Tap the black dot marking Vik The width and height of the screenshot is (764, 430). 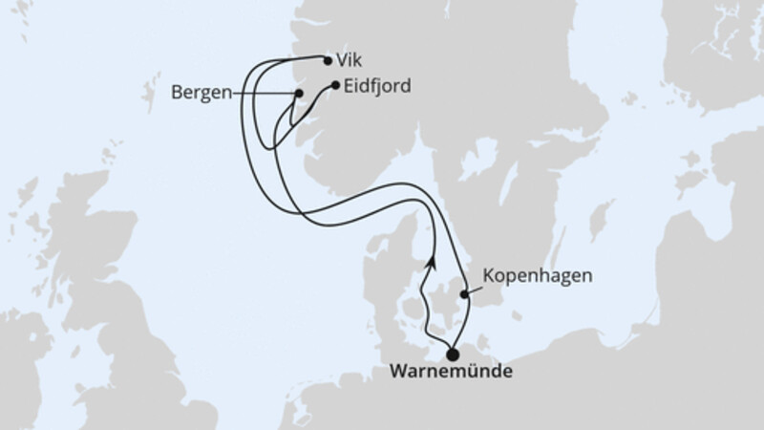point(328,61)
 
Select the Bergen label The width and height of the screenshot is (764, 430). point(201,93)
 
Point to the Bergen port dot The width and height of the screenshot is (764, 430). point(299,93)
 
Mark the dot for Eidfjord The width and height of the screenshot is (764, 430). point(336,86)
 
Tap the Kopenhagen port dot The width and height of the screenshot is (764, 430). point(465,295)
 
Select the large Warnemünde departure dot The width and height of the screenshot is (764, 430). point(452,354)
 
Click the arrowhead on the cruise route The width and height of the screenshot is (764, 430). point(433,260)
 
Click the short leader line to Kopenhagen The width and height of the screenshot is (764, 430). point(475,288)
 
